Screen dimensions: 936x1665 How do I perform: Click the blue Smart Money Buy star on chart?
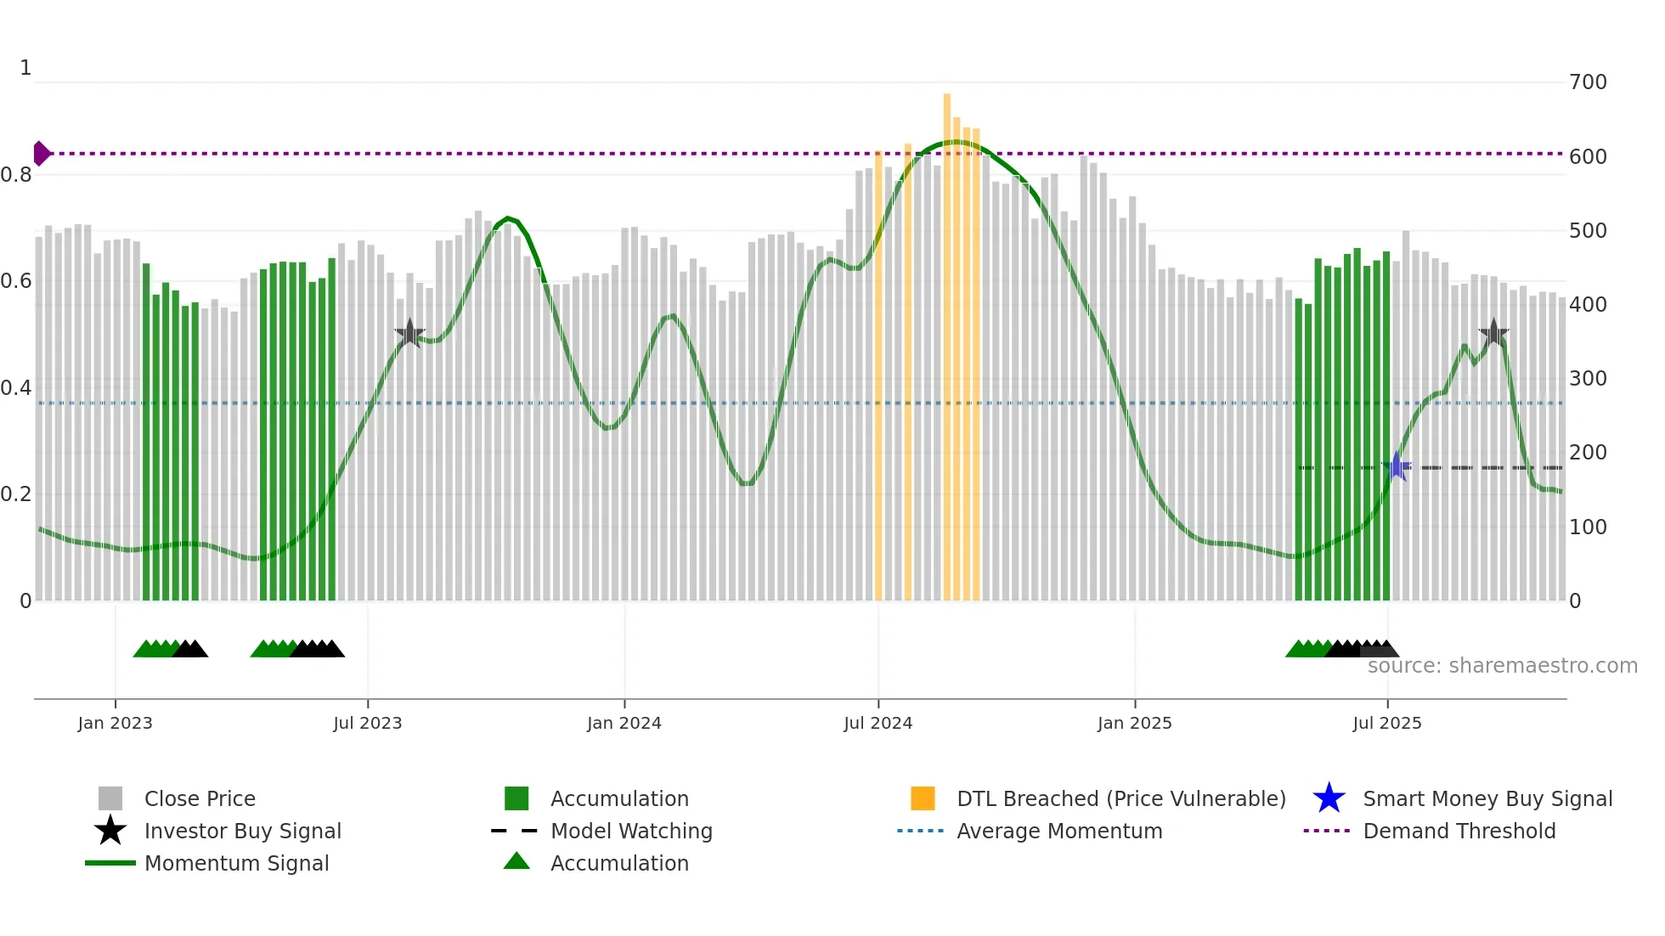coord(1396,466)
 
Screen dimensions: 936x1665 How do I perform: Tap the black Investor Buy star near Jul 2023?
coord(409,333)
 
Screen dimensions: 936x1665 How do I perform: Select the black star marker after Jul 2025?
coord(1493,333)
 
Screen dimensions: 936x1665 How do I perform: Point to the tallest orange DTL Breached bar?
coord(946,340)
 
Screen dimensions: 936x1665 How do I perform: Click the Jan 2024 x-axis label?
coord(624,723)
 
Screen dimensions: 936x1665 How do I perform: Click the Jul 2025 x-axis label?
coord(1386,723)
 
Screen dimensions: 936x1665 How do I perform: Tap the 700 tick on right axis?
coord(1587,82)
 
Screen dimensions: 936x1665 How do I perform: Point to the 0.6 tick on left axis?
coord(17,281)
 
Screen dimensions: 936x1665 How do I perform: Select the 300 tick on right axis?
coord(1587,379)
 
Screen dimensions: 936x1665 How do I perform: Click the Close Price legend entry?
coord(200,798)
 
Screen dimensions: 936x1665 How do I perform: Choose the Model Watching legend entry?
coord(631,831)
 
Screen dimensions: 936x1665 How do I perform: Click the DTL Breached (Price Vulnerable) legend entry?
coord(1120,798)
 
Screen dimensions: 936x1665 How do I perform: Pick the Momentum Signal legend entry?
coord(236,863)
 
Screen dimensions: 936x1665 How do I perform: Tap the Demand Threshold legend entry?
coord(1459,831)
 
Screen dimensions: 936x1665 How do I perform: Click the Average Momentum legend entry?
coord(1059,831)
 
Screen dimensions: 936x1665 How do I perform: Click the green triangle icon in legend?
coord(516,861)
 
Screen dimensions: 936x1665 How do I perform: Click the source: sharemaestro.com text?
coord(1502,666)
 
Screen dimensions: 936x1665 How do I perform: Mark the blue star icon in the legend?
coord(1329,798)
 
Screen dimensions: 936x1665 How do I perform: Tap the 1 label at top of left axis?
coord(25,68)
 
